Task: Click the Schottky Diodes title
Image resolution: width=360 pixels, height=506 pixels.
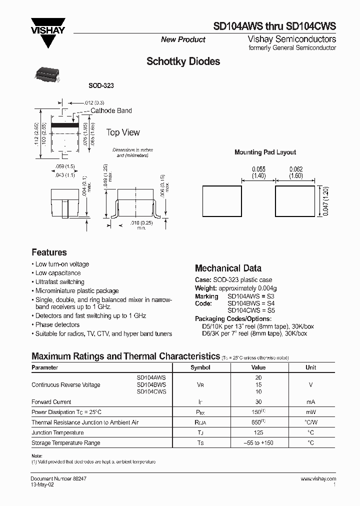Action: [x=183, y=62]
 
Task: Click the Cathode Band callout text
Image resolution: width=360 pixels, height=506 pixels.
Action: [x=111, y=110]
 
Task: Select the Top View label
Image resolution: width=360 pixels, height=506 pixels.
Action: [x=123, y=132]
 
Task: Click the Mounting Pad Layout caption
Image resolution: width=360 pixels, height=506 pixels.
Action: [x=265, y=152]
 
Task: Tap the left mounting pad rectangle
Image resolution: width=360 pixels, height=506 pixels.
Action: [x=222, y=201]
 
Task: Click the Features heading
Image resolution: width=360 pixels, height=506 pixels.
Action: [x=49, y=252]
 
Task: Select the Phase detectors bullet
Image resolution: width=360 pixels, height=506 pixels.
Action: [x=57, y=324]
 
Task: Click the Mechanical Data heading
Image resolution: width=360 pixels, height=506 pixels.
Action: [x=228, y=268]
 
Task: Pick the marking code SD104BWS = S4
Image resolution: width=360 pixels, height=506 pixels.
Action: [x=251, y=303]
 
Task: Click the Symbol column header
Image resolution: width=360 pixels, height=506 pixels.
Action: [x=200, y=367]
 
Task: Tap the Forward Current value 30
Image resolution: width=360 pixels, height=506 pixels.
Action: [x=258, y=402]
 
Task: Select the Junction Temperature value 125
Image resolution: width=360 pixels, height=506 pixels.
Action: [x=258, y=432]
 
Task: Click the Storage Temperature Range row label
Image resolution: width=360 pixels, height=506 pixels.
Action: [x=66, y=442]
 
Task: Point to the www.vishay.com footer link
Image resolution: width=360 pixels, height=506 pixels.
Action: [x=318, y=478]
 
